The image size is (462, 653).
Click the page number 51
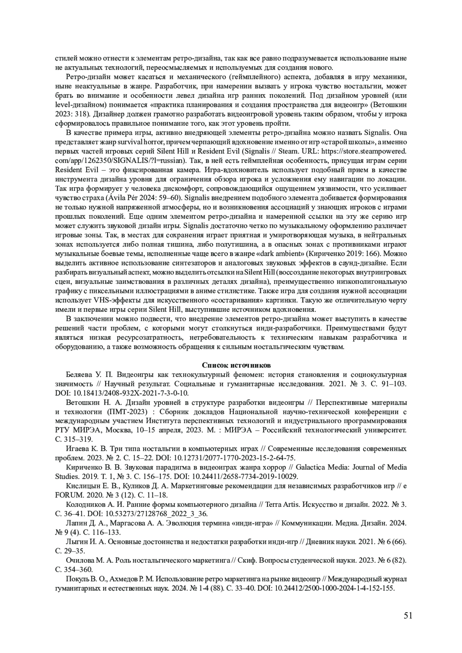(408, 615)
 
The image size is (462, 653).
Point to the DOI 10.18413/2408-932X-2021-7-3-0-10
(130, 393)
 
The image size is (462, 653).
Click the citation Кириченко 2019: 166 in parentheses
(343, 254)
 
